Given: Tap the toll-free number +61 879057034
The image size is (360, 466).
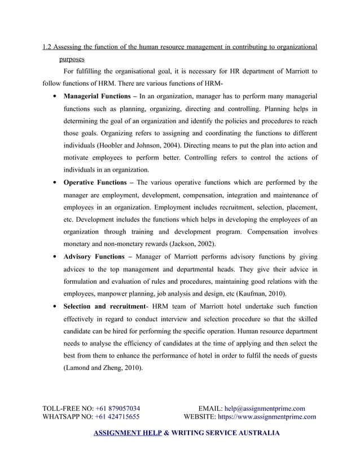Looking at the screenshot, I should pyautogui.click(x=118, y=408).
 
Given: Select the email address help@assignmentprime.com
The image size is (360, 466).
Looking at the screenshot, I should pyautogui.click(x=265, y=408).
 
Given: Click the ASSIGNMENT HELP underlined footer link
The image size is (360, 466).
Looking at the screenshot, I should pyautogui.click(x=127, y=433).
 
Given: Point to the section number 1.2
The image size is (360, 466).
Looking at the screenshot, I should pyautogui.click(x=48, y=46).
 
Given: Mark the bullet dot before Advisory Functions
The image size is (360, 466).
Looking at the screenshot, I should pyautogui.click(x=53, y=257).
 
